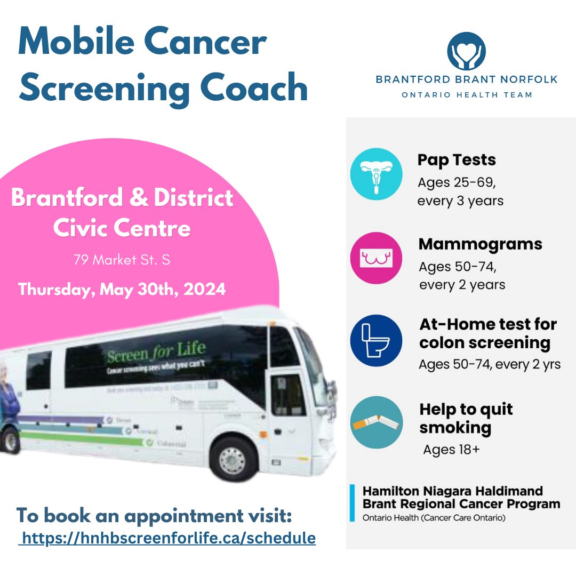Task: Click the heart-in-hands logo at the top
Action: tap(466, 52)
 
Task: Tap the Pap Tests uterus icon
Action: tap(375, 174)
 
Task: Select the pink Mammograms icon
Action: tap(375, 258)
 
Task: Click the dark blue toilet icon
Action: tap(375, 340)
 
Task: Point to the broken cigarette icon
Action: tap(375, 422)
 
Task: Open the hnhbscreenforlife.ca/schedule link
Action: tap(167, 538)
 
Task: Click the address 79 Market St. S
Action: tap(122, 260)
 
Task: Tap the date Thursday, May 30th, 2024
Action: tap(122, 290)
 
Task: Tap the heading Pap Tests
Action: tap(457, 160)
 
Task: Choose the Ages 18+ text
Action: tap(451, 450)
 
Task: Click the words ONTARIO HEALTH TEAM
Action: tap(466, 95)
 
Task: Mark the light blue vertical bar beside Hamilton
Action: tap(352, 503)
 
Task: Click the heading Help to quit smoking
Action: tap(466, 418)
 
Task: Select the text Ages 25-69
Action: tap(457, 183)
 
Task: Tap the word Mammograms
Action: tap(480, 244)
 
